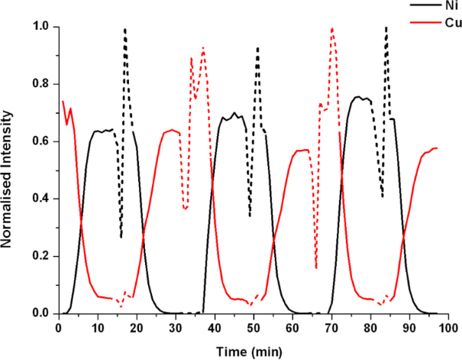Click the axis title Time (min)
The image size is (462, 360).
tap(247, 350)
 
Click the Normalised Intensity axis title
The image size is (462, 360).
tap(10, 170)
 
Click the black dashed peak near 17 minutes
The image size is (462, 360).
tap(124, 30)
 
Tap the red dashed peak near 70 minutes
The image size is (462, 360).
tap(332, 29)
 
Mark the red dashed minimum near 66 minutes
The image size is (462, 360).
tap(315, 267)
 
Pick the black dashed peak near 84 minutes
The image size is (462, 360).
tap(386, 28)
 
